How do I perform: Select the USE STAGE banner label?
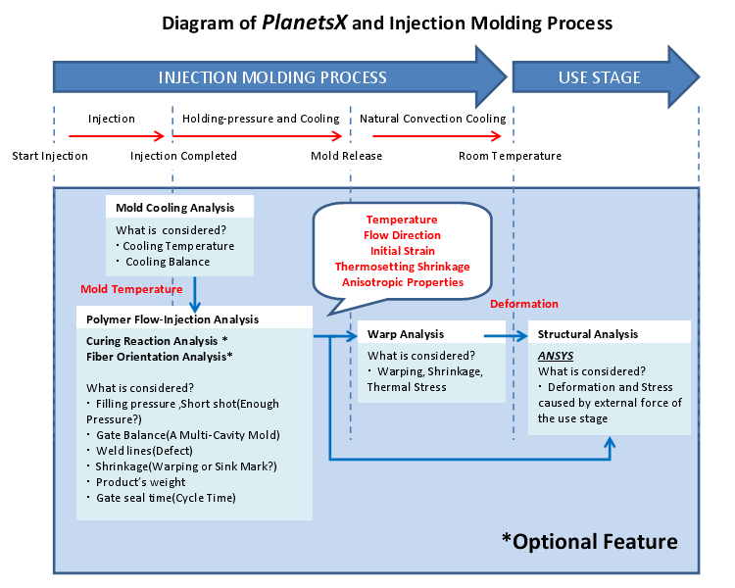pyautogui.click(x=599, y=76)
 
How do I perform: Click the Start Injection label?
pyautogui.click(x=50, y=156)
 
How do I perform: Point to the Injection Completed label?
pyautogui.click(x=183, y=156)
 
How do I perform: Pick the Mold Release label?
pyautogui.click(x=346, y=156)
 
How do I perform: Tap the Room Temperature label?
pyautogui.click(x=510, y=156)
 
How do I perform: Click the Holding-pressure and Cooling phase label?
pyautogui.click(x=261, y=119)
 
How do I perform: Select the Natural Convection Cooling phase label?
pyautogui.click(x=433, y=119)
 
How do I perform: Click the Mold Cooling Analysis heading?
pyautogui.click(x=174, y=208)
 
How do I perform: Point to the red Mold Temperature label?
pyautogui.click(x=131, y=289)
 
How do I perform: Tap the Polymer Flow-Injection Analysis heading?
pyautogui.click(x=172, y=319)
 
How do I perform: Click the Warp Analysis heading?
pyautogui.click(x=406, y=334)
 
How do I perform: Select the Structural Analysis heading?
pyautogui.click(x=587, y=334)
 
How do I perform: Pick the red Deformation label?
pyautogui.click(x=524, y=304)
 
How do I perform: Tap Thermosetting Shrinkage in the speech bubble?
pyautogui.click(x=402, y=267)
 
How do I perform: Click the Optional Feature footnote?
pyautogui.click(x=589, y=541)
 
